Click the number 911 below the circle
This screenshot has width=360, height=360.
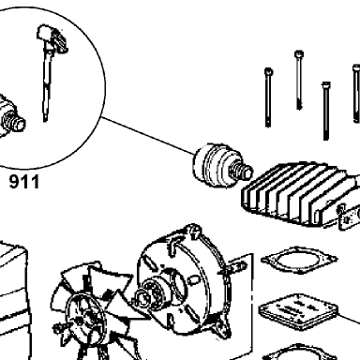coord(24,182)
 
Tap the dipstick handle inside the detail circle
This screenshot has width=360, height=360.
coord(52,38)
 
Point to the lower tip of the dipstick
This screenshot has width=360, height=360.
coord(46,119)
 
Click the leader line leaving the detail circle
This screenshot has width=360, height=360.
coord(148,135)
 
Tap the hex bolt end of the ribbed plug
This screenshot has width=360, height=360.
coord(241,171)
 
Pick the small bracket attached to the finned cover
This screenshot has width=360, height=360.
coord(350,217)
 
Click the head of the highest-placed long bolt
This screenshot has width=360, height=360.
coord(299,54)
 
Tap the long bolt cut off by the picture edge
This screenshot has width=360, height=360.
coord(356,94)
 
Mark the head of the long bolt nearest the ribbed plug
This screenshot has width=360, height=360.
coord(268,72)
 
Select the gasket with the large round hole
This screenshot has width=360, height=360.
coord(299,260)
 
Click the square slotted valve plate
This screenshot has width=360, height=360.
coord(299,311)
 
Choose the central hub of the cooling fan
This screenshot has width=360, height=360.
coord(87,316)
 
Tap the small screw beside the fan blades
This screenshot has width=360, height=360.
coord(59,328)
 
